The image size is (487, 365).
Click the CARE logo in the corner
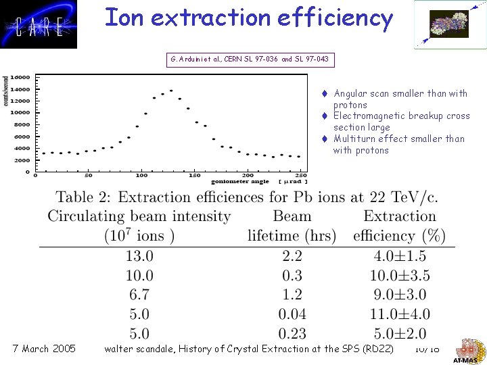coord(39,24)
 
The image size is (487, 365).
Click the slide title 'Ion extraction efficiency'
coord(248,18)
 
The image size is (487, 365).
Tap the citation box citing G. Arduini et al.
coord(250,59)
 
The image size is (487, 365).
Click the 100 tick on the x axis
coord(141,176)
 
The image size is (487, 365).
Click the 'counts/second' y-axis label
coord(7,90)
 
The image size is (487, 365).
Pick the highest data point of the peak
coord(171,91)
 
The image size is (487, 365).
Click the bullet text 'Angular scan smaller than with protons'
coord(400,99)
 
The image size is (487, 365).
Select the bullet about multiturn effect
coord(399,144)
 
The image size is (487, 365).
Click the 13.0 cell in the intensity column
coord(139,256)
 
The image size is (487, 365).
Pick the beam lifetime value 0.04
coord(292,314)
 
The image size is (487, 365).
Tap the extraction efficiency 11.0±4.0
coord(399,314)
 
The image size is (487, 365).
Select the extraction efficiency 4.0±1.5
coord(399,256)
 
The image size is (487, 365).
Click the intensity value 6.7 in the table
coord(139,295)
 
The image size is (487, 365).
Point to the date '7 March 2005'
coord(45,349)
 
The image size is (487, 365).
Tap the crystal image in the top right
coord(449,24)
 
